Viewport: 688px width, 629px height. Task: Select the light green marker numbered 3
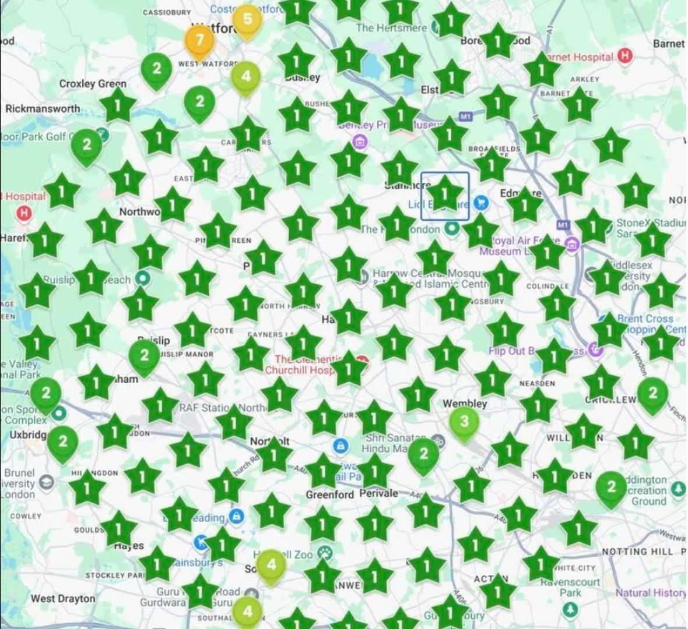[464, 422]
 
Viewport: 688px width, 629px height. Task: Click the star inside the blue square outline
[445, 195]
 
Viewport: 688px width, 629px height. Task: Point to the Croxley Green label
[92, 84]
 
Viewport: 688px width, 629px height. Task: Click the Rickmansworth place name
[43, 109]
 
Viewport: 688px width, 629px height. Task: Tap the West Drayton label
[63, 599]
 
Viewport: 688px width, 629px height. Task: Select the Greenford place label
[329, 494]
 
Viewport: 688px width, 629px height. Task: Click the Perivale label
[378, 493]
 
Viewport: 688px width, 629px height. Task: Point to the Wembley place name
[465, 404]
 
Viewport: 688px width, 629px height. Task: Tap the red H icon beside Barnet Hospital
[625, 56]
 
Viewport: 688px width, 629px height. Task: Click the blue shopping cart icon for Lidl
[481, 203]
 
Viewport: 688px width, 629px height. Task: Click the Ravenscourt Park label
[570, 587]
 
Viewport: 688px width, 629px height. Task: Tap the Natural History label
[650, 593]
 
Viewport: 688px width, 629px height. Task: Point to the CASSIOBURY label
[167, 12]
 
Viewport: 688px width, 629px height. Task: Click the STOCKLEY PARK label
[114, 575]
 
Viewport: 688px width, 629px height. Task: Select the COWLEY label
[26, 516]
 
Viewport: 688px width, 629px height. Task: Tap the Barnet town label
[668, 44]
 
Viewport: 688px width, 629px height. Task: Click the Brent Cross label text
[645, 319]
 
